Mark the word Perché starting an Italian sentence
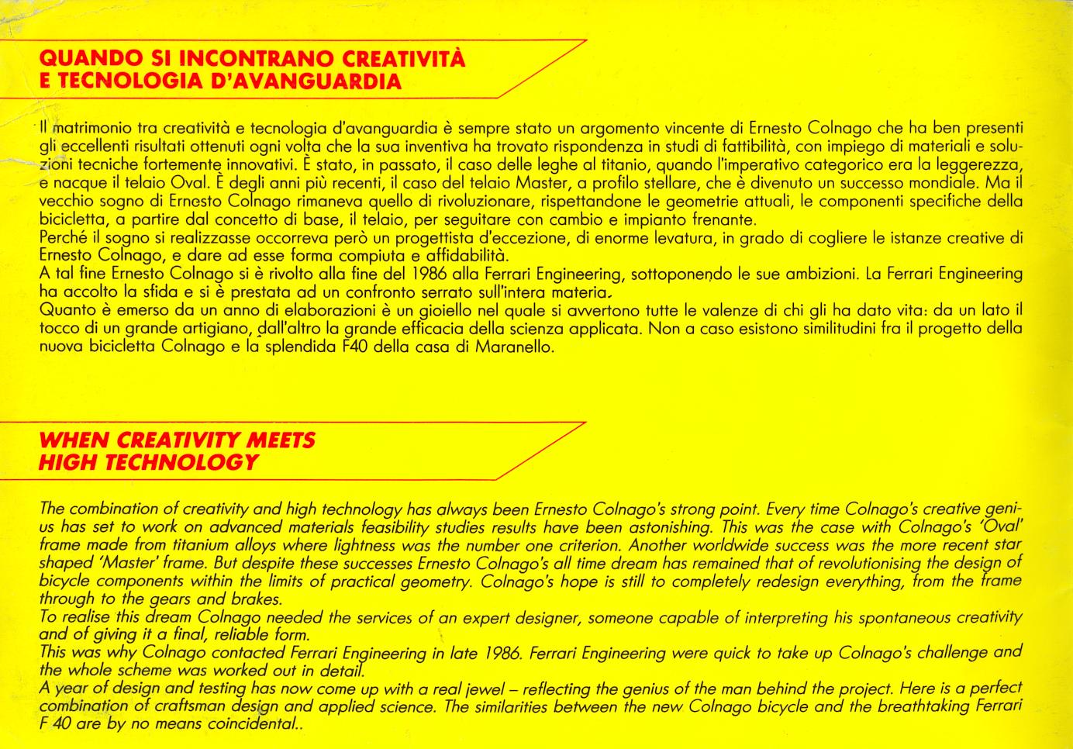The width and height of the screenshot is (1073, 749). point(63,238)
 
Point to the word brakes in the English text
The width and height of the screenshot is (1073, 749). point(255,599)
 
